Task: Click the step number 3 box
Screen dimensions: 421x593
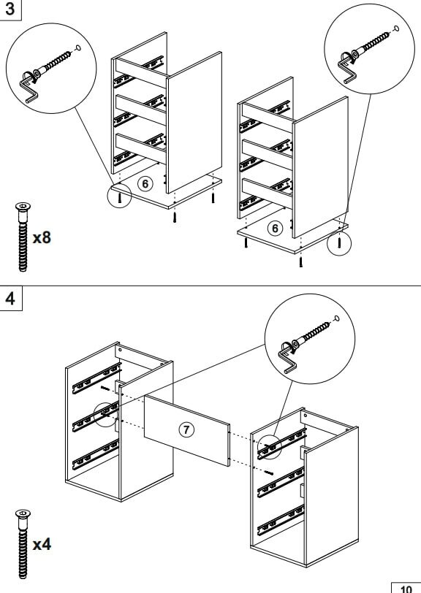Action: click(x=10, y=9)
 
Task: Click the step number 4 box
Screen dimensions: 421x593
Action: click(x=11, y=299)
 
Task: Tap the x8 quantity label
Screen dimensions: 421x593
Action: click(x=42, y=238)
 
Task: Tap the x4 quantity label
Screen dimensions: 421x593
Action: click(x=42, y=545)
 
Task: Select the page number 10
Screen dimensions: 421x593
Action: click(x=406, y=589)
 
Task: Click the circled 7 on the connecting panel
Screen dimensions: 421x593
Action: click(x=186, y=429)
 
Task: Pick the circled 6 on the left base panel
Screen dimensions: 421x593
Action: click(x=145, y=184)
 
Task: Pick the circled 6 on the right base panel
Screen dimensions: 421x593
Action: click(x=275, y=228)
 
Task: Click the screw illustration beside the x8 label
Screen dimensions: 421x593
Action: click(x=23, y=237)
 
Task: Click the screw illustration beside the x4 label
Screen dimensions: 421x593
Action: click(x=23, y=544)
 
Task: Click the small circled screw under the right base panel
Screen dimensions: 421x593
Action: click(x=339, y=242)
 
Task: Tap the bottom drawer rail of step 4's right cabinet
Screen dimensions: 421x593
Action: click(x=281, y=520)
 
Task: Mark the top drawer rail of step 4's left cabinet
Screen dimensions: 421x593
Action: click(x=96, y=378)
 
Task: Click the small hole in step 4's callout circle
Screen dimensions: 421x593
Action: click(x=336, y=318)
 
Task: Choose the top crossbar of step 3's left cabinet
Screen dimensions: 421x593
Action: click(x=141, y=73)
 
